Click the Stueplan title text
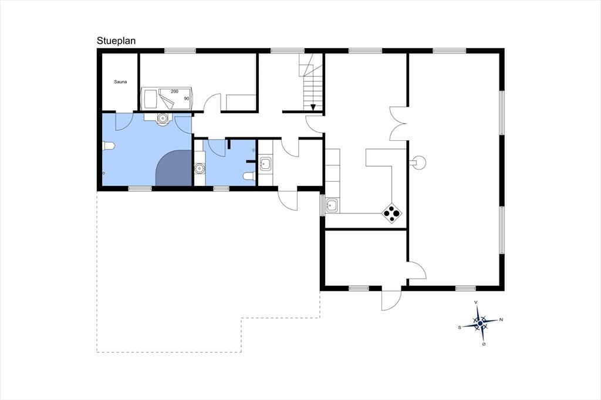pyautogui.click(x=116, y=41)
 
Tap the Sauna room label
pyautogui.click(x=120, y=82)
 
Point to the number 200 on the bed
pyautogui.click(x=174, y=91)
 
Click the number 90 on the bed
pyautogui.click(x=187, y=99)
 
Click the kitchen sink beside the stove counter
pyautogui.click(x=332, y=205)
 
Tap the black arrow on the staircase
pyautogui.click(x=313, y=107)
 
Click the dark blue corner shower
pyautogui.click(x=174, y=168)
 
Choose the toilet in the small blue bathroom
pyautogui.click(x=249, y=176)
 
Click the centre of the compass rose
pyautogui.click(x=480, y=324)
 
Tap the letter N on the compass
pyautogui.click(x=501, y=320)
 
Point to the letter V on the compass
pyautogui.click(x=476, y=302)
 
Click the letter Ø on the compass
pyautogui.click(x=484, y=344)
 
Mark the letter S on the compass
pyautogui.click(x=460, y=328)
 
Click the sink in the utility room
pyautogui.click(x=265, y=164)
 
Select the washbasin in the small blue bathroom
pyautogui.click(x=200, y=168)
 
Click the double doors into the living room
pyautogui.click(x=399, y=123)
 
